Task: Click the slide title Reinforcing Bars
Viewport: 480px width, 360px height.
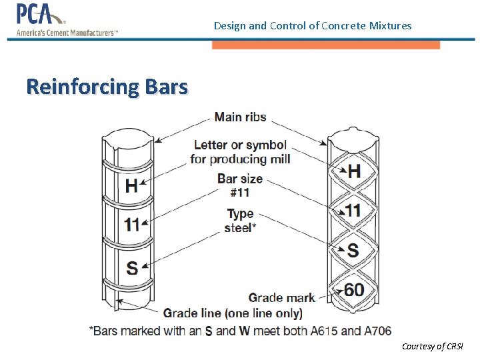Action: (x=107, y=87)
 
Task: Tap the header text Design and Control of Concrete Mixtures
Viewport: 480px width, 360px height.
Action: (x=313, y=26)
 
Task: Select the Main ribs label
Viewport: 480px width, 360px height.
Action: (x=240, y=117)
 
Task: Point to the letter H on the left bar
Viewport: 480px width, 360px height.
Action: (x=131, y=185)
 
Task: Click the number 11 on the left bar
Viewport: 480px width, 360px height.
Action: (x=132, y=224)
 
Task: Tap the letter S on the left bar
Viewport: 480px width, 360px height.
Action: (x=132, y=267)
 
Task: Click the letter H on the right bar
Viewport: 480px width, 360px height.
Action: (x=354, y=171)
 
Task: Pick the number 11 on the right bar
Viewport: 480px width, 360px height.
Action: (x=353, y=211)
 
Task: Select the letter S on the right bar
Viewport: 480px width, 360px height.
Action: (x=353, y=250)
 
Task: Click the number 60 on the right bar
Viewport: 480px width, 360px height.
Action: (x=354, y=290)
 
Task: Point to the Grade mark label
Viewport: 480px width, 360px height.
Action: (x=281, y=297)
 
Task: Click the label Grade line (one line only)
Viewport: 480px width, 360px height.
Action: (x=233, y=313)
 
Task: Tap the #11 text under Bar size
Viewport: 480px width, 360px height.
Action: (x=240, y=193)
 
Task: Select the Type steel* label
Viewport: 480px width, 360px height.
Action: (x=240, y=221)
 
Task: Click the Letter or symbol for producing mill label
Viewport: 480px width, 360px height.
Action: (x=240, y=152)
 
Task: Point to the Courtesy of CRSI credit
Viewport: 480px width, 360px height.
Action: (x=432, y=346)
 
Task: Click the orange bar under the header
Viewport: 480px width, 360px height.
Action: (x=326, y=45)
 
